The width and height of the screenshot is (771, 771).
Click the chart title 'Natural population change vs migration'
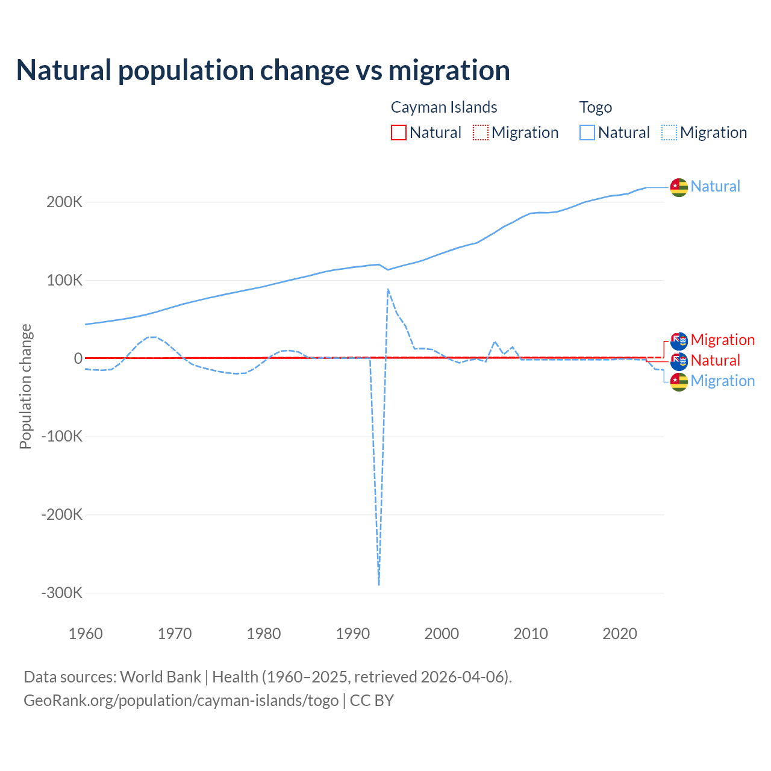click(263, 70)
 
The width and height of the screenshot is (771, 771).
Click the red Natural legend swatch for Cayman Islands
click(399, 133)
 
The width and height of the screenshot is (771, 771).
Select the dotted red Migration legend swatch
click(481, 133)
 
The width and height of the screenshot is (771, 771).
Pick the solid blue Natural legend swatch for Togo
click(587, 133)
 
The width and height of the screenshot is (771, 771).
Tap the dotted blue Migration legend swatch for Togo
click(669, 133)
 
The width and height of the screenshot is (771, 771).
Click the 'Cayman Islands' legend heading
click(444, 107)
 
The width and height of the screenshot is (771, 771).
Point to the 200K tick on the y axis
click(64, 202)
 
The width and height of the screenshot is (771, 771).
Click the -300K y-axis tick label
click(61, 593)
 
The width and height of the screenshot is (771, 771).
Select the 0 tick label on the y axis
click(78, 358)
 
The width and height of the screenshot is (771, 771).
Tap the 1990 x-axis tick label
click(352, 634)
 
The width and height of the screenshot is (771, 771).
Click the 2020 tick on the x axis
click(620, 634)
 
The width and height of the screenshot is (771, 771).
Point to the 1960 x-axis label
click(86, 634)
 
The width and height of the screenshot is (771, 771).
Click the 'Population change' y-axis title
click(25, 387)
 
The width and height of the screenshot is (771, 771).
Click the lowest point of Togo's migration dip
click(379, 584)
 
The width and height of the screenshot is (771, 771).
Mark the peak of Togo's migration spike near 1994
click(388, 289)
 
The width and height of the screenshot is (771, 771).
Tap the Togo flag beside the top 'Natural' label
click(679, 187)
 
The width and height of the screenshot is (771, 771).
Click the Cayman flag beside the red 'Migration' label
click(679, 341)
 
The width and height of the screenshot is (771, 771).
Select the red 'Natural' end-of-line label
click(715, 360)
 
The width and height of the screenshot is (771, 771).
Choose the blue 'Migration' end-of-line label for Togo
click(722, 381)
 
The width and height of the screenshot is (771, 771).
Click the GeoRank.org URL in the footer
click(181, 701)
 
